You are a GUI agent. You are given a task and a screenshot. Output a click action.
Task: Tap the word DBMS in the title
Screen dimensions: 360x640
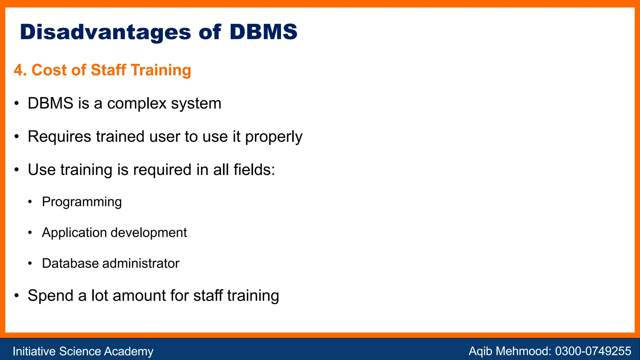(x=263, y=32)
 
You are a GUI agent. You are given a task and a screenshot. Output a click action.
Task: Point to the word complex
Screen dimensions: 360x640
(x=137, y=103)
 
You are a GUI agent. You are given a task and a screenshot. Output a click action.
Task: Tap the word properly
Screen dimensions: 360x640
(x=273, y=137)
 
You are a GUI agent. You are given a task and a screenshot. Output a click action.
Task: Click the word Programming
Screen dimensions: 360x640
(x=82, y=202)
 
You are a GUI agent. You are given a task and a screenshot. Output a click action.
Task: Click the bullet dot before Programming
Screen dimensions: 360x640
(x=30, y=202)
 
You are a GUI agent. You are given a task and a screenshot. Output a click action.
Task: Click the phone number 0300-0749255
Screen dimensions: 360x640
(x=593, y=351)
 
